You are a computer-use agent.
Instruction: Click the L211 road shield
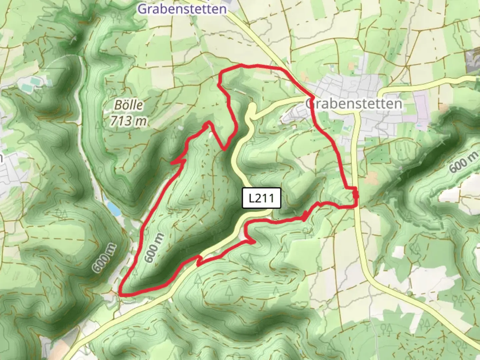pos(261,198)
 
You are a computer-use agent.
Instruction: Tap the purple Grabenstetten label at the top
pos(182,9)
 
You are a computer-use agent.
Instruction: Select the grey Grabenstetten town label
pos(354,104)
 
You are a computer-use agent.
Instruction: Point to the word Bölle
pos(129,105)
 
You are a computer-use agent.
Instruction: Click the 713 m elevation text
pos(128,121)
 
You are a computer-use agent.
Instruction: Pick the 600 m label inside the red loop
pos(154,247)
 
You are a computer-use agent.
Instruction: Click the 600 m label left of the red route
pos(104,258)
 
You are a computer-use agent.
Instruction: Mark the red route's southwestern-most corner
pos(120,294)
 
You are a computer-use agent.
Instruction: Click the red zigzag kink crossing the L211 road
pos(199,260)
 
